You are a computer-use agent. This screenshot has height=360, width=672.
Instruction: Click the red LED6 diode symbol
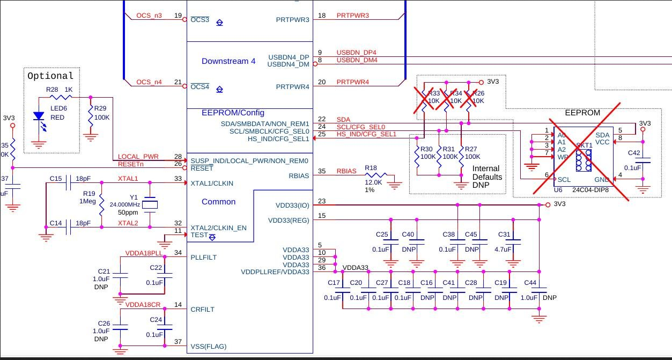tap(38, 116)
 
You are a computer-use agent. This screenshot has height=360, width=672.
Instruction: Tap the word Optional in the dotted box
tap(50, 76)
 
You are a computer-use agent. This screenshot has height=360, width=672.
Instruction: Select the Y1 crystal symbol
tap(151, 204)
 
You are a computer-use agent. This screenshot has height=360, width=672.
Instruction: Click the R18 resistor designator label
tap(371, 168)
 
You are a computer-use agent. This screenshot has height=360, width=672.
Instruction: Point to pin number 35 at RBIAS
tap(321, 172)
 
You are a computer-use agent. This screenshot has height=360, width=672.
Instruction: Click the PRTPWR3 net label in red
tap(352, 16)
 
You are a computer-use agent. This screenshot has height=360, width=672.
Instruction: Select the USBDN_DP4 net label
tap(356, 53)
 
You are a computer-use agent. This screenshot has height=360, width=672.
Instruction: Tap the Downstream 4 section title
tap(228, 61)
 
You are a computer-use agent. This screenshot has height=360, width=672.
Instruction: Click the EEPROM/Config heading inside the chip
tap(233, 113)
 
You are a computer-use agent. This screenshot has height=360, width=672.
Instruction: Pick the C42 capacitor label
tap(634, 153)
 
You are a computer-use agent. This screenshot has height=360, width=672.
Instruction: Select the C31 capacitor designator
tap(504, 234)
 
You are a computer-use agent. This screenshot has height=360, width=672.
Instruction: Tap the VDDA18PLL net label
tap(143, 253)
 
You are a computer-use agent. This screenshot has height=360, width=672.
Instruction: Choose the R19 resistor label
tap(89, 194)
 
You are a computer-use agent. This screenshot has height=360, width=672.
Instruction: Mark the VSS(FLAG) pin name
tap(209, 347)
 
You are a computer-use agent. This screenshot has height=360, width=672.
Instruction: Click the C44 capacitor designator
tap(530, 283)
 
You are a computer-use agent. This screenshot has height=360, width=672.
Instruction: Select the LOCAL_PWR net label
tap(138, 157)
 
